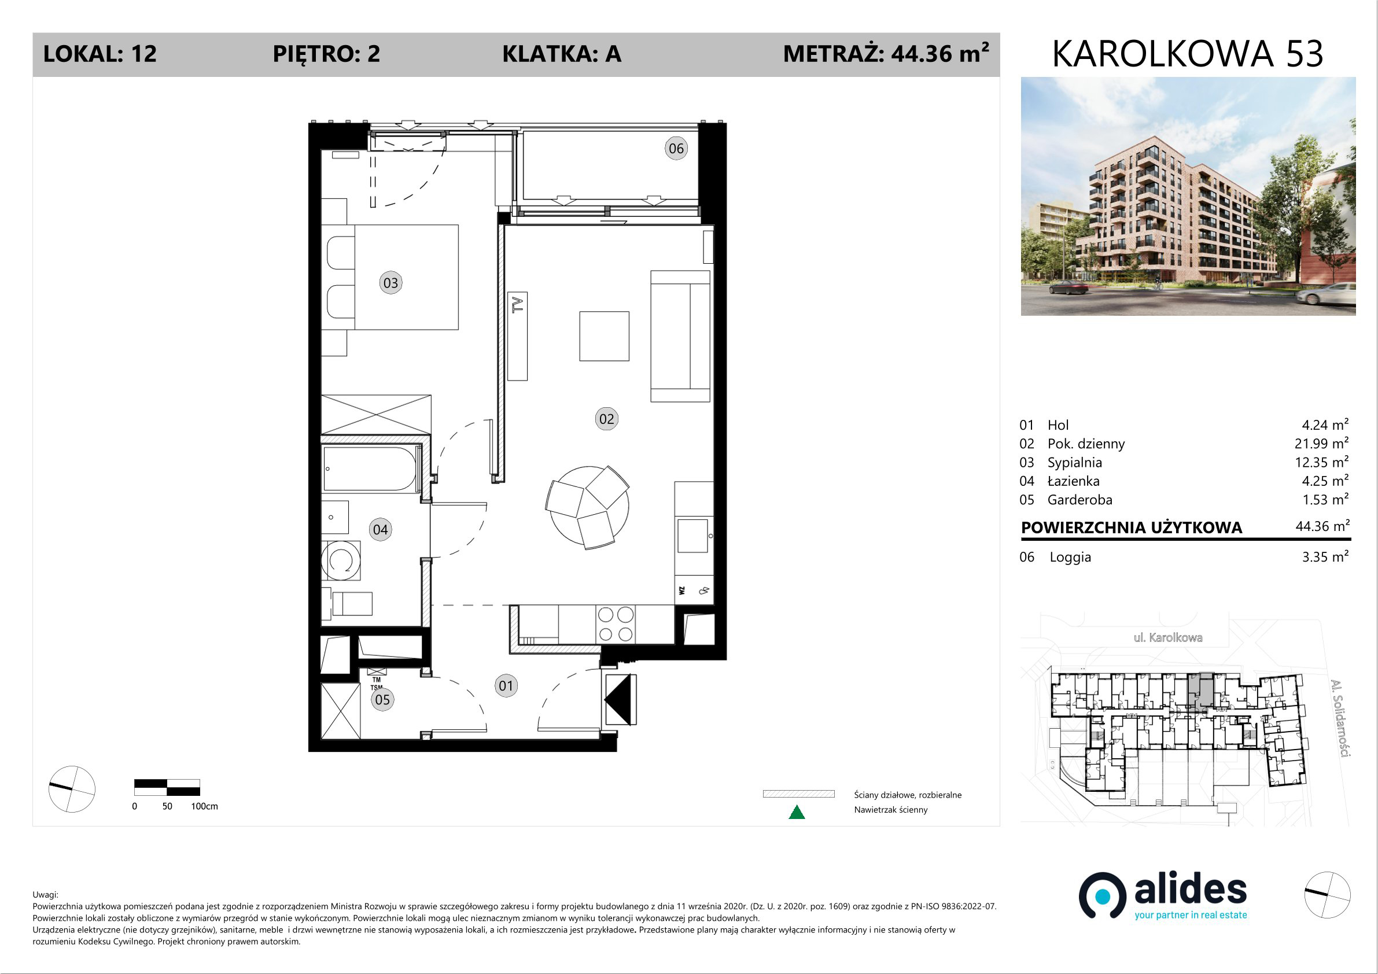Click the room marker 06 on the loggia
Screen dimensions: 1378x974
click(x=676, y=148)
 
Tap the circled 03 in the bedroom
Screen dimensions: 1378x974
click(x=390, y=283)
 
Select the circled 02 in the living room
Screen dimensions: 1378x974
click(x=606, y=419)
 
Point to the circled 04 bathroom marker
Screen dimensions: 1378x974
click(x=381, y=529)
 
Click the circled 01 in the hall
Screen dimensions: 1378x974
click(x=506, y=685)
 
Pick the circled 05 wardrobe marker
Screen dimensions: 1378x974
click(x=382, y=699)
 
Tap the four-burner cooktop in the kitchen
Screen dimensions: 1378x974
click(x=615, y=624)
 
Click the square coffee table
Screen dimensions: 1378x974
click(x=604, y=336)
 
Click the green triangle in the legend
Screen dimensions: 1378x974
click(x=797, y=813)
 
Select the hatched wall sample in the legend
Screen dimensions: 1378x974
click(x=798, y=794)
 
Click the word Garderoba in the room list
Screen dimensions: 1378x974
click(x=1079, y=499)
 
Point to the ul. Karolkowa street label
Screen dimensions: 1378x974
click(x=1167, y=637)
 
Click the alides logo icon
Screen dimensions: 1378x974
click(x=1102, y=895)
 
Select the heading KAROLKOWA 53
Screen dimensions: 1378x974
click(x=1188, y=54)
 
